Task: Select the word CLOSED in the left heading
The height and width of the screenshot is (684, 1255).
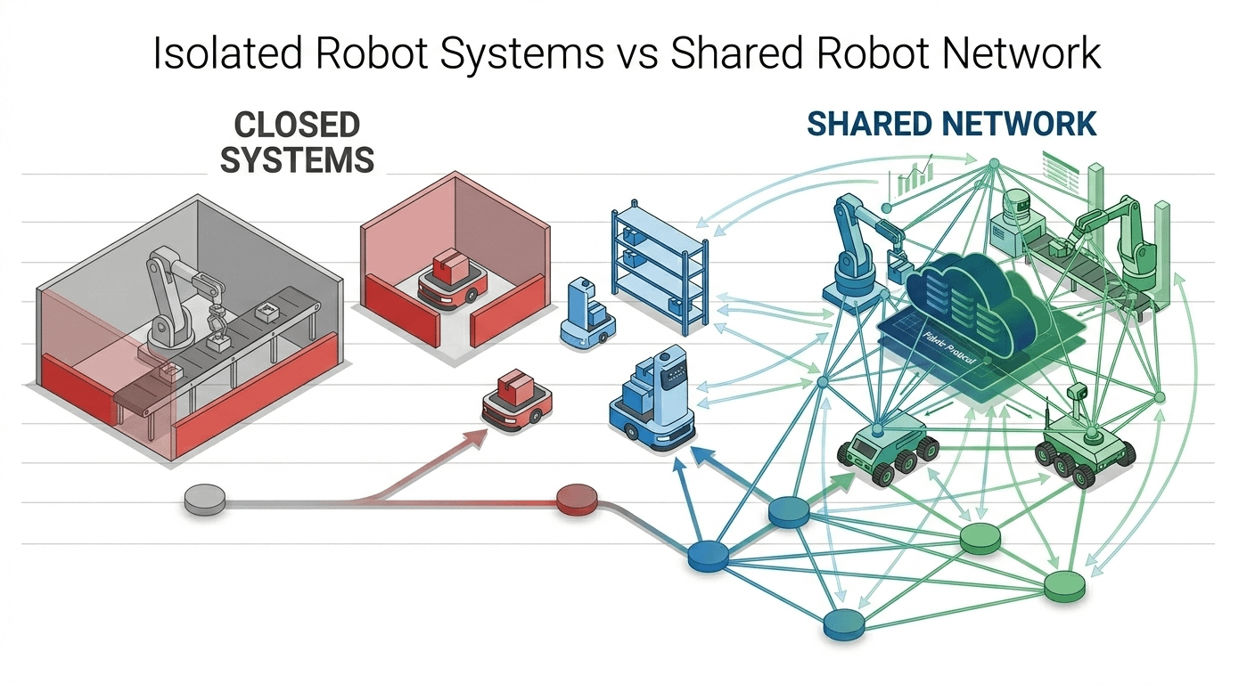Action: pos(297,126)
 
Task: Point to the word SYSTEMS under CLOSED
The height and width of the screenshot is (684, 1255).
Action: pos(297,160)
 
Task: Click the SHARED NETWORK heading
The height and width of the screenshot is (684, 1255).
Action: pos(951,125)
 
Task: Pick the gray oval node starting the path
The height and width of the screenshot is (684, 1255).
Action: pos(204,500)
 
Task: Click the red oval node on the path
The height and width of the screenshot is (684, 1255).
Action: pos(577,499)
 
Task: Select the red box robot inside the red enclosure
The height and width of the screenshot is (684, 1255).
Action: pos(449,280)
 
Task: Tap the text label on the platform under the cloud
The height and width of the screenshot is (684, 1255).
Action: pos(947,356)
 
